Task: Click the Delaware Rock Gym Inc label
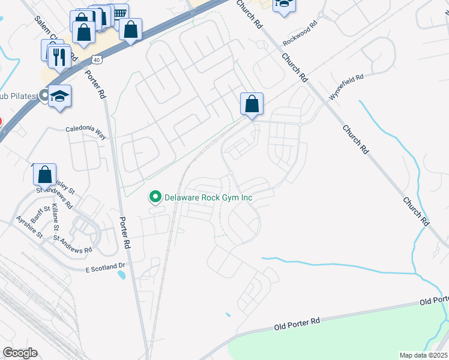point(208,197)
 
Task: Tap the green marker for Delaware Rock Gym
point(155,197)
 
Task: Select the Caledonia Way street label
point(86,133)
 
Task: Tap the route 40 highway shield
point(97,59)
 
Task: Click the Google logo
point(20,352)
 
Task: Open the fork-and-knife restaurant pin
point(59,57)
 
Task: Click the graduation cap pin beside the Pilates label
point(60,96)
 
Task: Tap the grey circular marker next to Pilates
point(43,95)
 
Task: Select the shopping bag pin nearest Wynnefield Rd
point(252,104)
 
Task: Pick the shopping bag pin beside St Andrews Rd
point(45,175)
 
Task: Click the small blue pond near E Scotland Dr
point(122,276)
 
